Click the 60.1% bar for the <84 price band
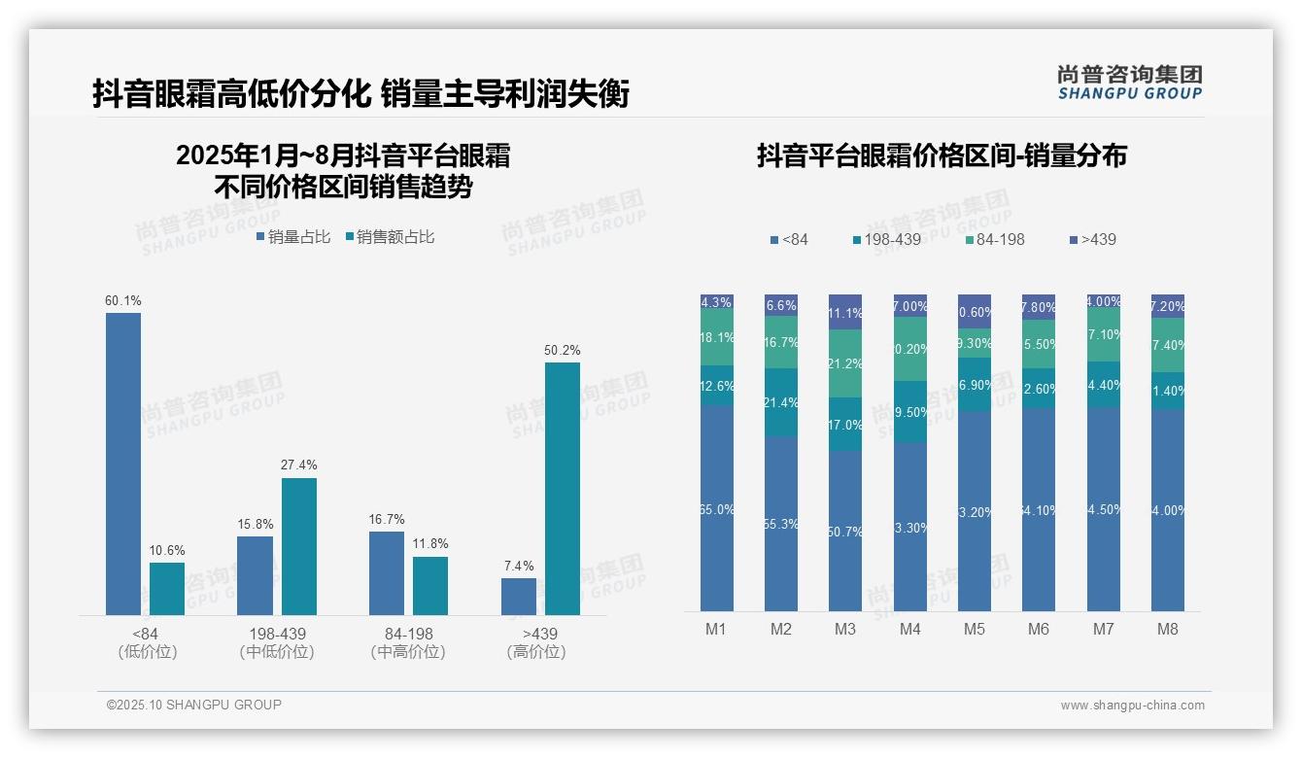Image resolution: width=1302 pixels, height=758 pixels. (123, 464)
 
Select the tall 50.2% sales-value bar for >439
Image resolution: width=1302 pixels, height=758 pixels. (562, 489)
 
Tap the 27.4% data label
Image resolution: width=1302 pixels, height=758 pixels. (299, 465)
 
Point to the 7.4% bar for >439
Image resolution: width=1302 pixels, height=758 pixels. (519, 597)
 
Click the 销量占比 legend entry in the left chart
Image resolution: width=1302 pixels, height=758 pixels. (293, 237)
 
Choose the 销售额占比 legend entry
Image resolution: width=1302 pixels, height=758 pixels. (390, 237)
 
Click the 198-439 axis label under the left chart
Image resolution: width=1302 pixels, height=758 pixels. (276, 634)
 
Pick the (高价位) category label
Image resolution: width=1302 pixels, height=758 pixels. (536, 652)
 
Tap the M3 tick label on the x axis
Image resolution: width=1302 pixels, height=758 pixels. (845, 629)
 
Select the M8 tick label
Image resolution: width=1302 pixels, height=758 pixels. (1167, 629)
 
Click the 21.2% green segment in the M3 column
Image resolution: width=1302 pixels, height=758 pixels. (845, 363)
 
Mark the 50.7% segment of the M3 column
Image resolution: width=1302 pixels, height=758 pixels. (845, 531)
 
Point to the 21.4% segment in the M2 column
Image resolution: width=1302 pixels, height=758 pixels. (781, 402)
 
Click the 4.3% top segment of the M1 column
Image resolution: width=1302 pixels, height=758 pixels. (716, 301)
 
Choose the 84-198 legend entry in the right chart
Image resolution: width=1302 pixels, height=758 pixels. (995, 239)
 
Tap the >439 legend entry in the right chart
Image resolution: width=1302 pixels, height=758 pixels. (1092, 239)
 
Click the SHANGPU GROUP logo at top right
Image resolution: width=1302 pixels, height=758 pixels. (1130, 83)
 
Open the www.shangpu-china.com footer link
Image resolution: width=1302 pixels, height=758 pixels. (1132, 706)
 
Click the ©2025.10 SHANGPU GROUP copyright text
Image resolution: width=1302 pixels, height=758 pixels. (194, 705)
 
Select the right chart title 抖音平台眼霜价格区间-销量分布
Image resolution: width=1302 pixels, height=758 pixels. (942, 155)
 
